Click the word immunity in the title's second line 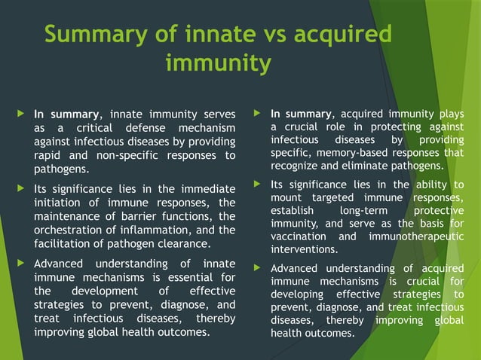click(x=218, y=65)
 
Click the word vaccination click(x=299, y=236)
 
